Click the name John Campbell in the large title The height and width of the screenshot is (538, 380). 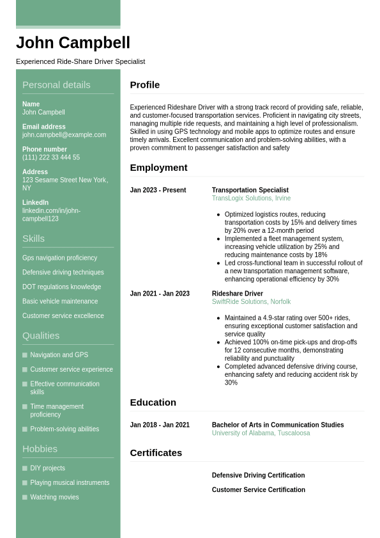(x=73, y=43)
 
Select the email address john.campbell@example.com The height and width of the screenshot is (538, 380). (x=64, y=135)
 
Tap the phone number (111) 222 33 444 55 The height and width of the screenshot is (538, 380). (x=51, y=157)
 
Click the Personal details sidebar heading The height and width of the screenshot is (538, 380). (x=56, y=85)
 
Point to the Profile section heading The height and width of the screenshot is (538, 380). (x=145, y=85)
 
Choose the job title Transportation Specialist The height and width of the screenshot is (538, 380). (x=250, y=190)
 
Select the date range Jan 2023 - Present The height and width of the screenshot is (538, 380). (x=158, y=190)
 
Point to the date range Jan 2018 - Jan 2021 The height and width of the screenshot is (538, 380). (x=160, y=425)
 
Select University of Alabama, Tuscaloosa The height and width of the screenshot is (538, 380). (x=261, y=433)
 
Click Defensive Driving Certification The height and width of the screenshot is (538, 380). (x=258, y=475)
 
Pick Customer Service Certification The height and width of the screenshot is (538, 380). (x=258, y=490)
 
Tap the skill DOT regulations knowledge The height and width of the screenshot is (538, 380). (x=61, y=287)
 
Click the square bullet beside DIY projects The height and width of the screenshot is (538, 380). (x=25, y=468)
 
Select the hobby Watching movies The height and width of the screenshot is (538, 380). (x=54, y=497)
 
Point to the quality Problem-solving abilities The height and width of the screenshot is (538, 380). (x=65, y=429)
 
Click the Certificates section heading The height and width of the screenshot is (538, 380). (x=156, y=453)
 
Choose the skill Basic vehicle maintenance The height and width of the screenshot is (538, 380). (x=60, y=301)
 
